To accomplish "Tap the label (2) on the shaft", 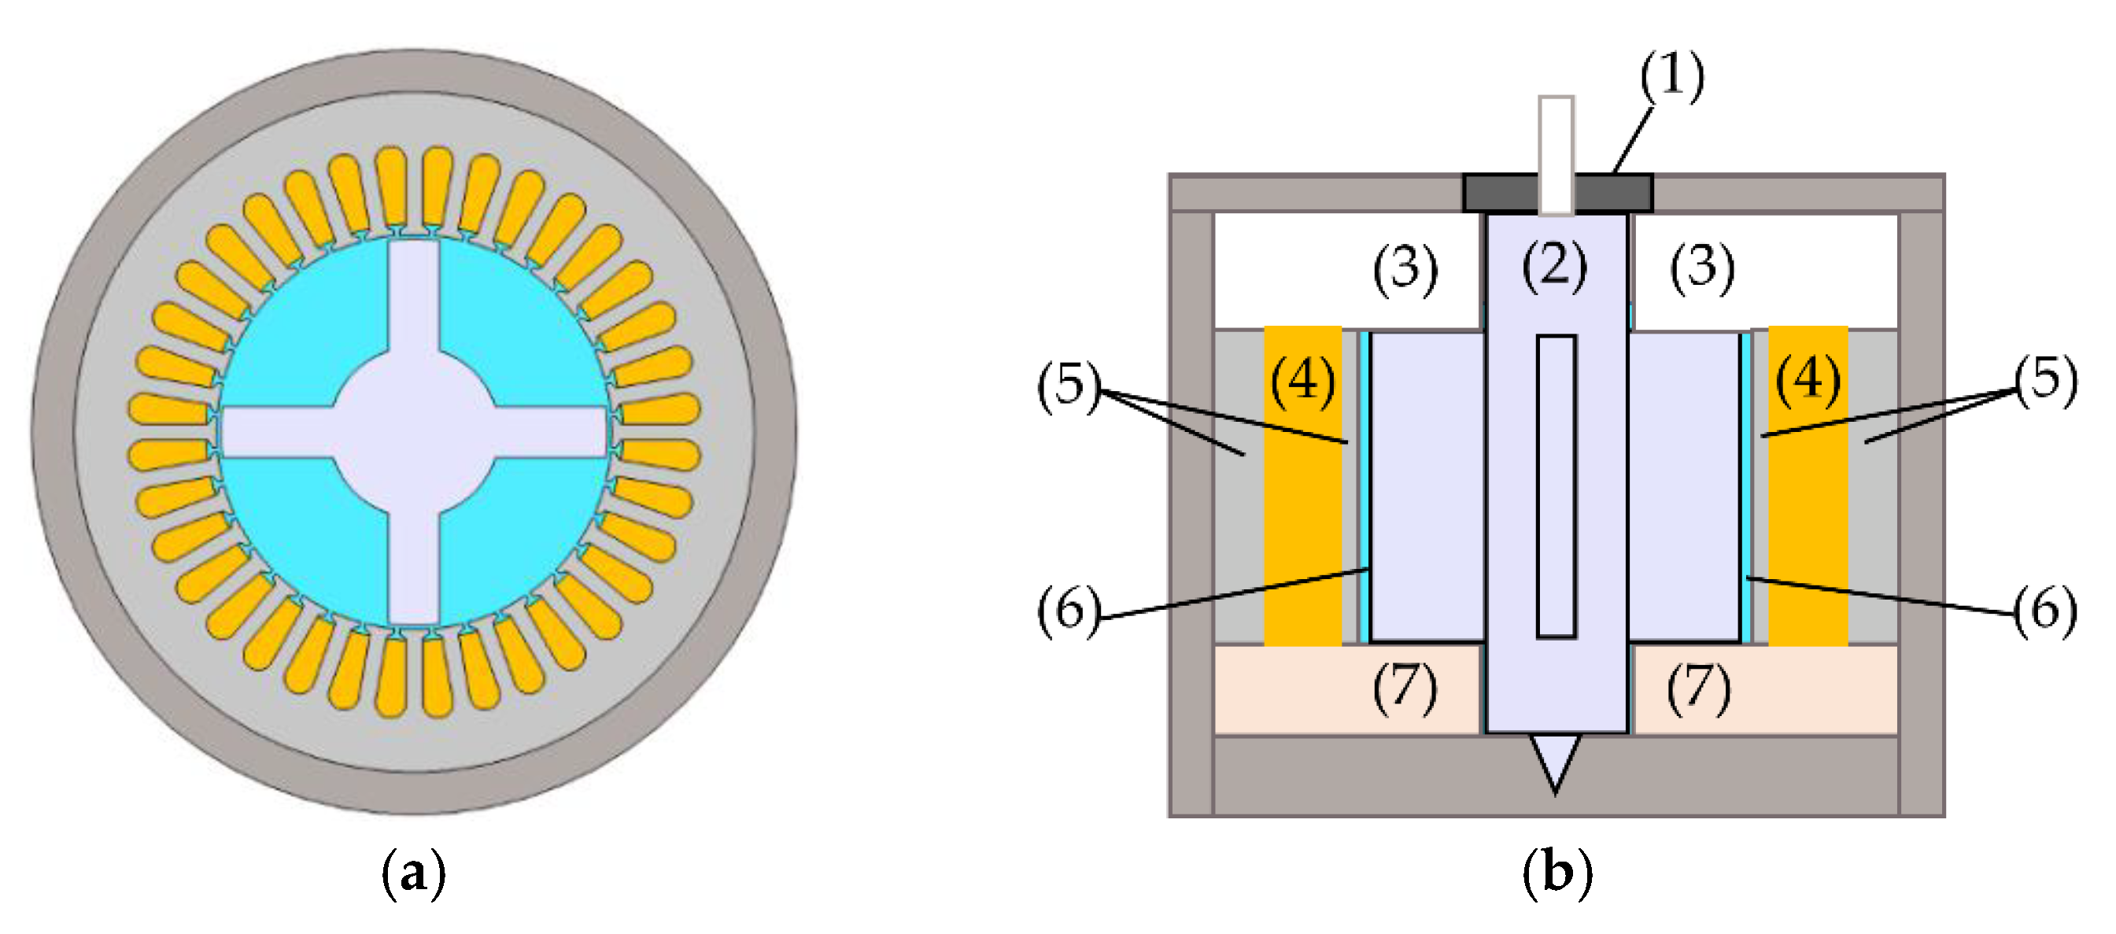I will coord(1554,267).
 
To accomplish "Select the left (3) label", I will coord(1405,268).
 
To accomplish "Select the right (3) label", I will coord(1702,268).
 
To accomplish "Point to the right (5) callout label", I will coord(2046,380).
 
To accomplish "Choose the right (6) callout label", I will coord(2046,611).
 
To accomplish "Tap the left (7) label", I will coord(1405,689).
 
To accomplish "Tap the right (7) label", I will coord(1699,689).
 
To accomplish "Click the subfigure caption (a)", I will coord(414,874).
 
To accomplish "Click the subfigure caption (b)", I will coord(1557,874).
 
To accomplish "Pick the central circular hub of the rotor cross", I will coord(415,432).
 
